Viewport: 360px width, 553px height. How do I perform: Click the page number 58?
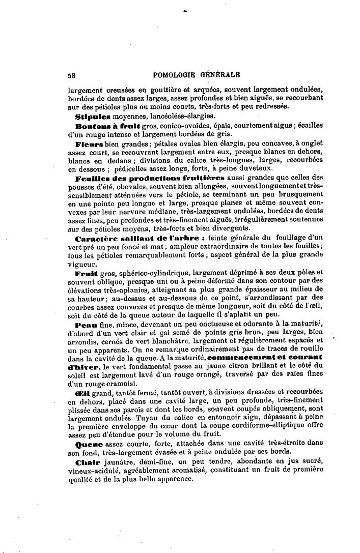71,74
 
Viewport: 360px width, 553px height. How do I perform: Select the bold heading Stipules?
90,117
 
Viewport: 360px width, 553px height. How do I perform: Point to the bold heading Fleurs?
89,145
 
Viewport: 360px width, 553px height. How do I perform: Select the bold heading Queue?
87,444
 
